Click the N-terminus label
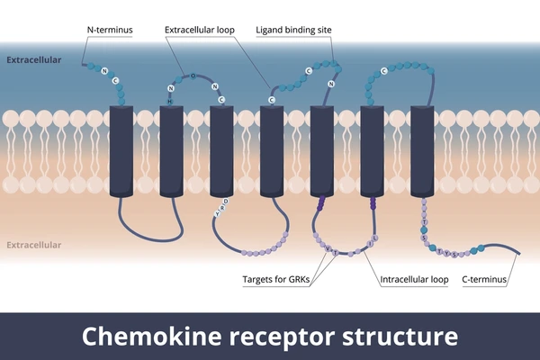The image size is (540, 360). [111, 30]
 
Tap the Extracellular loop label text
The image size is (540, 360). [200, 30]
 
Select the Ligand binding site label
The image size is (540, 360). [293, 30]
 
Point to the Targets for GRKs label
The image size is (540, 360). [275, 279]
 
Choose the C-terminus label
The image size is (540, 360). [484, 279]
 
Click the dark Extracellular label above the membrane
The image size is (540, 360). [34, 60]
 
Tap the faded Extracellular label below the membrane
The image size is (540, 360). [34, 245]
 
